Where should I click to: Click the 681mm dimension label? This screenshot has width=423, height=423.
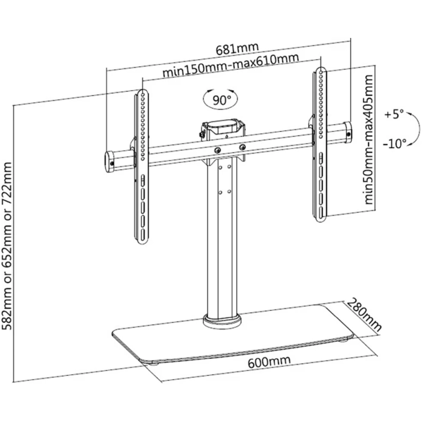237,47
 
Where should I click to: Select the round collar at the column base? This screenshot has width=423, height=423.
221,321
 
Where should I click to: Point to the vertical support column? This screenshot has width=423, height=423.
221,247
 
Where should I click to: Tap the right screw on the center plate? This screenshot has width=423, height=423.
243,146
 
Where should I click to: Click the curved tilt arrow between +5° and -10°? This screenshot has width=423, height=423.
375,128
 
